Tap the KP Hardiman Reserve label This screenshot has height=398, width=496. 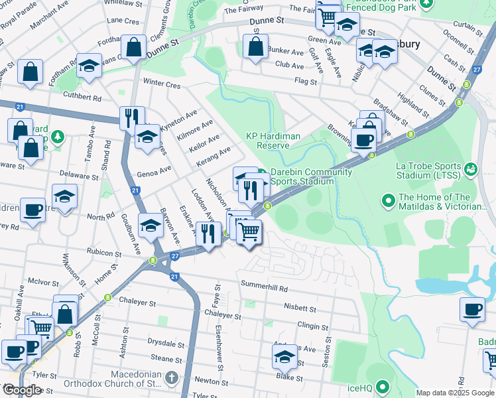pyautogui.click(x=268, y=141)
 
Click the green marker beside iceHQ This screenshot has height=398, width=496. pyautogui.click(x=382, y=386)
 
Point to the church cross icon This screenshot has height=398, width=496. pyautogui.click(x=172, y=379)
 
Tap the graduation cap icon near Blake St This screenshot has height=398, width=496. pyautogui.click(x=284, y=358)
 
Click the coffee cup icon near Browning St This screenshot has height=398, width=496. pyautogui.click(x=363, y=140)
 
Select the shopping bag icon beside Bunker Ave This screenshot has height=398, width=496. pyautogui.click(x=255, y=48)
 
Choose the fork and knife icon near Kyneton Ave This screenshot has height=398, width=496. pyautogui.click(x=131, y=117)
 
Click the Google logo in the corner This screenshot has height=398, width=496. pyautogui.click(x=22, y=390)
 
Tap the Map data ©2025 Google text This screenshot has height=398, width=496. pyautogui.click(x=454, y=393)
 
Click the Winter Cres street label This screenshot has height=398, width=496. pyautogui.click(x=162, y=84)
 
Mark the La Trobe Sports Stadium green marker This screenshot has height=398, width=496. pyautogui.click(x=470, y=169)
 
